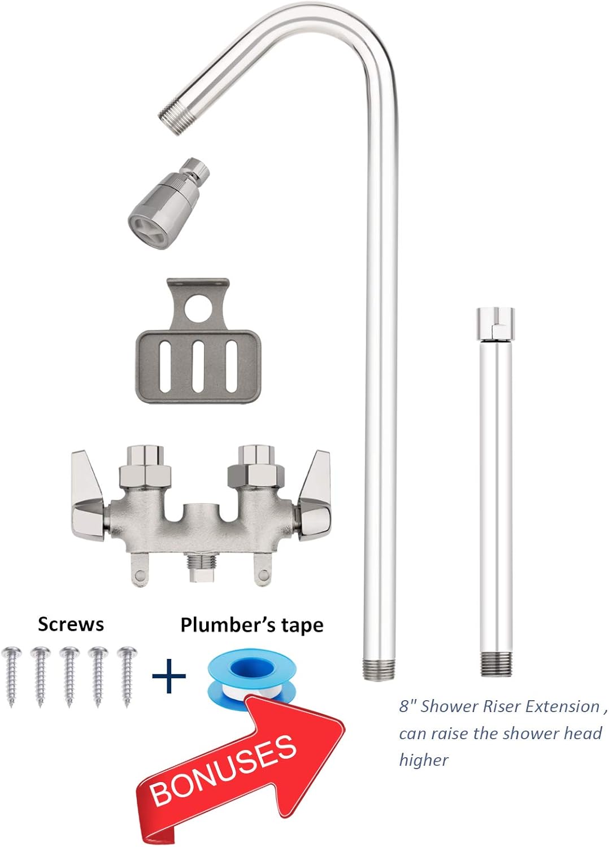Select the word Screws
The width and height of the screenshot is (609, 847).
[71, 625]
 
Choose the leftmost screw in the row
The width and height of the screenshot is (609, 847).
[11, 675]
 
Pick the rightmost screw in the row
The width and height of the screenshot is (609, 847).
[127, 675]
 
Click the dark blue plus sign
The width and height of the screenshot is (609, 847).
[169, 675]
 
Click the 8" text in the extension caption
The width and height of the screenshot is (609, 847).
[408, 706]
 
